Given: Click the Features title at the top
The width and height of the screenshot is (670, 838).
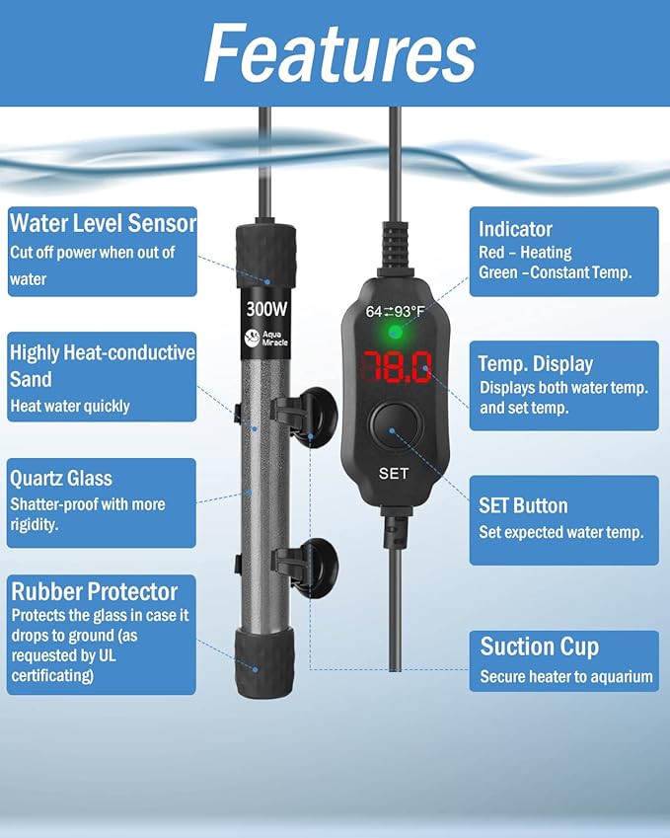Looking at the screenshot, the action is [339, 53].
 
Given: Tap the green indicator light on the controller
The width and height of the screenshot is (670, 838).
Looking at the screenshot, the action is [396, 334].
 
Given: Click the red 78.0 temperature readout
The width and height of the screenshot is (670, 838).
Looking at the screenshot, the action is [397, 367].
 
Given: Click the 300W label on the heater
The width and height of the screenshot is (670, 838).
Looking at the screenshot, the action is [266, 309].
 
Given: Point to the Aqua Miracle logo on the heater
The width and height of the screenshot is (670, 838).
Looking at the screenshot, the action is [266, 338].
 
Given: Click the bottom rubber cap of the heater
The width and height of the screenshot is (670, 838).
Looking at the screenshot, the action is [264, 662].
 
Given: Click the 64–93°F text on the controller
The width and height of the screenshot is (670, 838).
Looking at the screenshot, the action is [396, 311].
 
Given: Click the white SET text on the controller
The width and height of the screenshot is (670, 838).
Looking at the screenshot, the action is [394, 474].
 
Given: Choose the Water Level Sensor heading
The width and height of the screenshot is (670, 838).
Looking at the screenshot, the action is [104, 223].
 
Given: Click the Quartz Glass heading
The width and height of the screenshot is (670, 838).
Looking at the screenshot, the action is [61, 479].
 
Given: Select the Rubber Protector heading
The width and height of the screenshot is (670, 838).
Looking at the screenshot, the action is [95, 591].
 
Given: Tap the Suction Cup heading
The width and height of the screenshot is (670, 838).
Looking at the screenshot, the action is [540, 647].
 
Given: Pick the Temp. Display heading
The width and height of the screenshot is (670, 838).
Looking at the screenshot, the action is [536, 364].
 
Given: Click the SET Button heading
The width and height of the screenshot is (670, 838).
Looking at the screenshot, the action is [523, 505].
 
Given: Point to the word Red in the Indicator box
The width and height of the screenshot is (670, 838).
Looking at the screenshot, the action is [491, 252].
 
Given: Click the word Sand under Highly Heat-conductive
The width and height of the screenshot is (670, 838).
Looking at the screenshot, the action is [31, 379].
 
